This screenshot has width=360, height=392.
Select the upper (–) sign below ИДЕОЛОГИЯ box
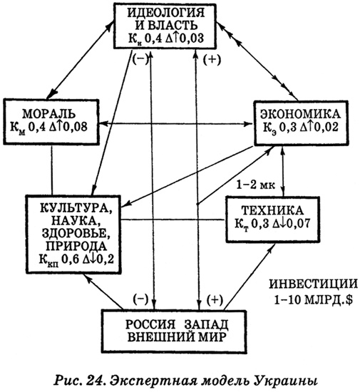[140, 60]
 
